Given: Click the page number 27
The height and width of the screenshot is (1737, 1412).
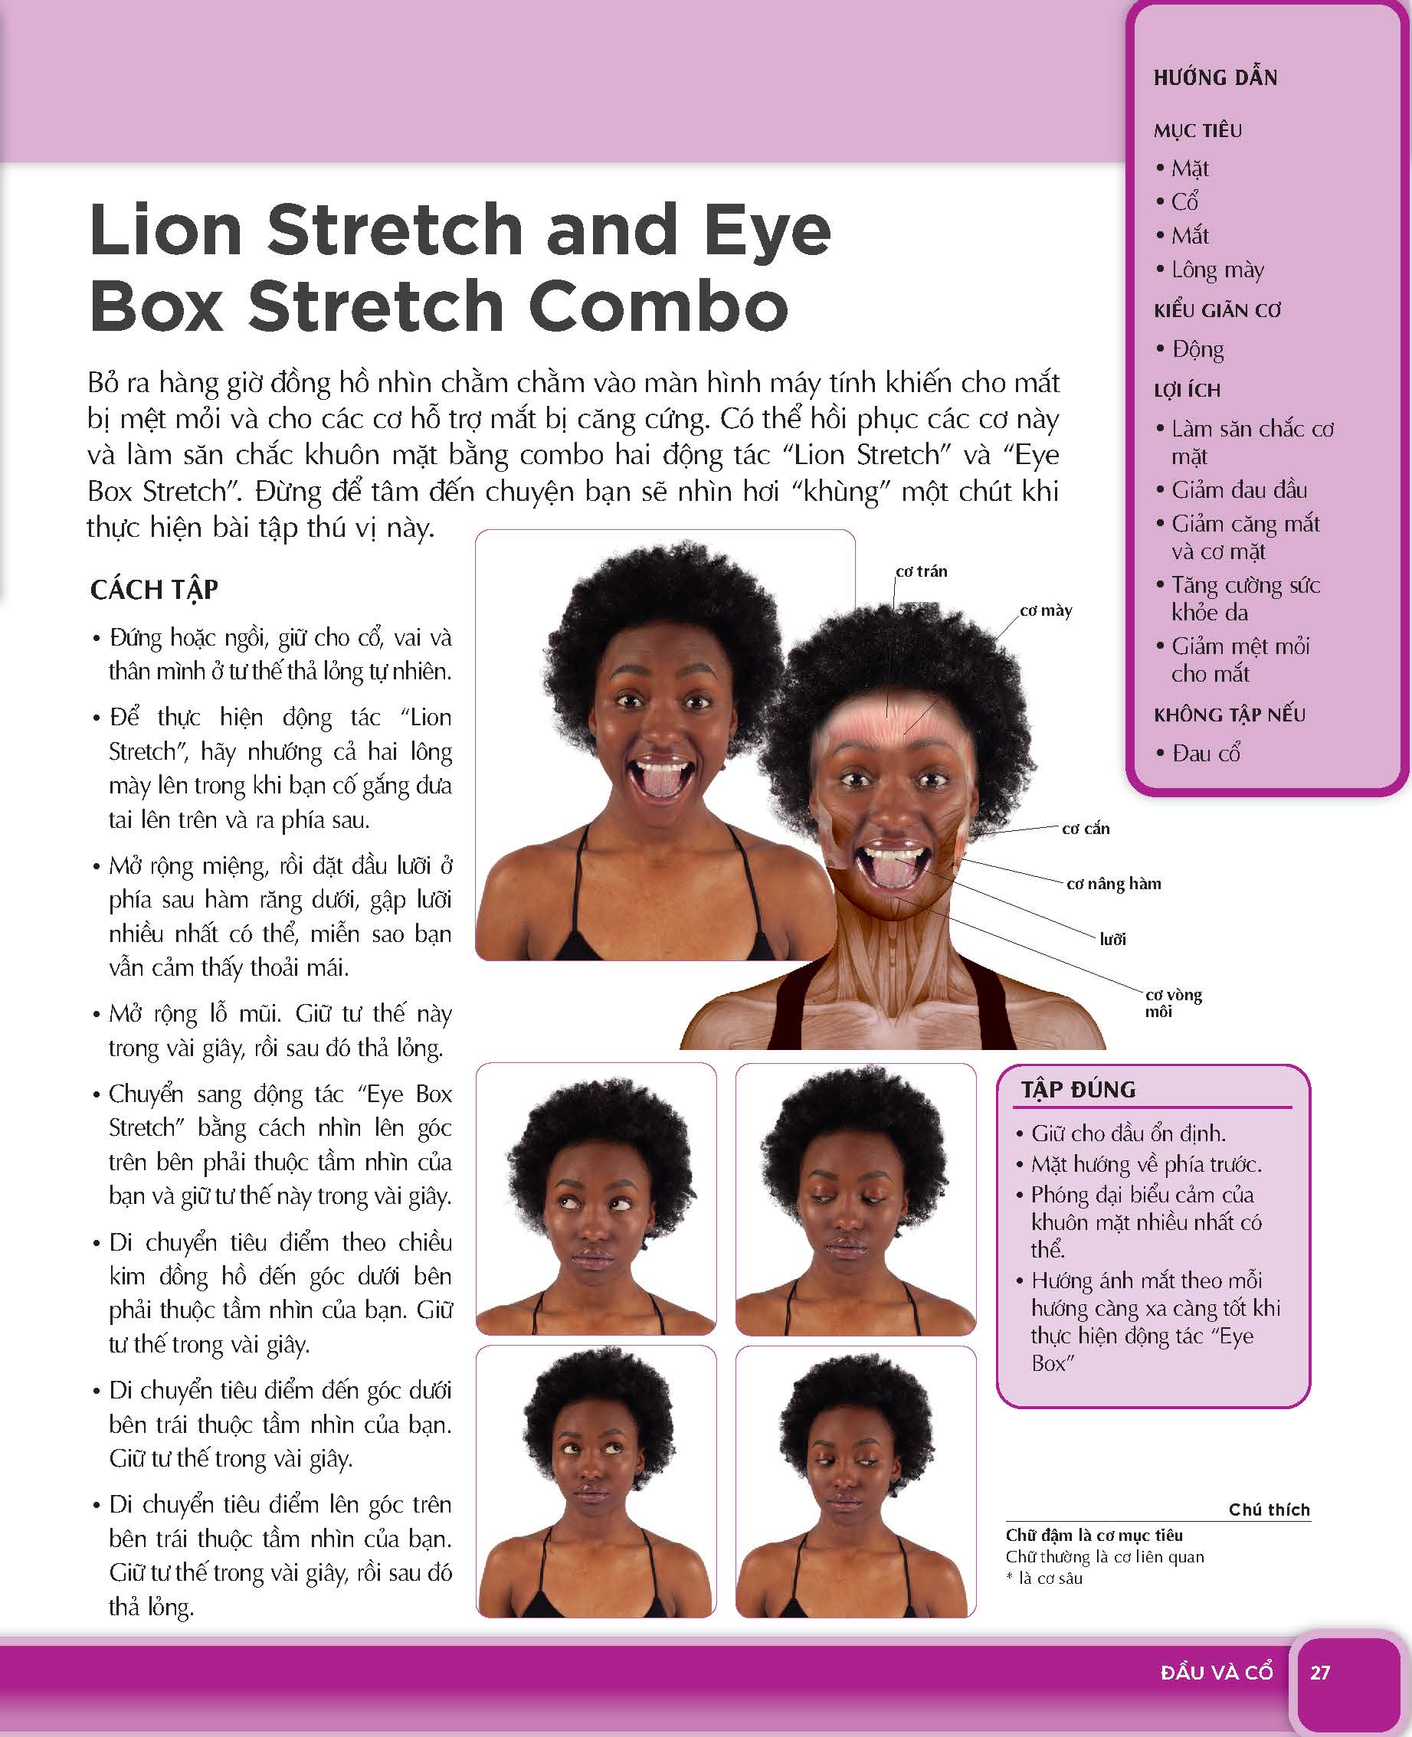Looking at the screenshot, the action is [x=1319, y=1673].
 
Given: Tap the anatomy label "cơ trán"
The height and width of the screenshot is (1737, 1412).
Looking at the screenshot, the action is [x=921, y=571].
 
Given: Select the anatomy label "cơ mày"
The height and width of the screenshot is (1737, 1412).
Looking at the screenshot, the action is [x=1046, y=610].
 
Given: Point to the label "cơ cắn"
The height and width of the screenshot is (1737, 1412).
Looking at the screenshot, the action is [x=1086, y=829].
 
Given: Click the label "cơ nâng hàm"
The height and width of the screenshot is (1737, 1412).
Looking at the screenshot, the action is [x=1113, y=884].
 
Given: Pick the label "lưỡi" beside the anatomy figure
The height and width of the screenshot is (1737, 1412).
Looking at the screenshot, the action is [x=1112, y=939].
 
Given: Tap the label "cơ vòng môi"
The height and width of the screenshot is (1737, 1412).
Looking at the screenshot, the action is [x=1173, y=1003].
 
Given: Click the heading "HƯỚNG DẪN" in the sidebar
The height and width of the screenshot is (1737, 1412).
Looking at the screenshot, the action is [x=1215, y=78].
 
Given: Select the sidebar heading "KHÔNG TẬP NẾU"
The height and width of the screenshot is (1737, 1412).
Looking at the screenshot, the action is [x=1229, y=715].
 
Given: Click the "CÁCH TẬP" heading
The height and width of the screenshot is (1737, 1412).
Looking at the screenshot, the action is [x=155, y=590].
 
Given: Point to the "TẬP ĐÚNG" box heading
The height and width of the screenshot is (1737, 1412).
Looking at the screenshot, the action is [x=1079, y=1090].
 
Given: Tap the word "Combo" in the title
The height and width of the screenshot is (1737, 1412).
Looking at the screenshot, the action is [x=658, y=306].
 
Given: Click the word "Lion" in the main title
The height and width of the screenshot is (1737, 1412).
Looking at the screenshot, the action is [x=165, y=230].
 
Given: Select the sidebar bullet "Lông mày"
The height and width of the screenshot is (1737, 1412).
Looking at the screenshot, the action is [x=1211, y=270].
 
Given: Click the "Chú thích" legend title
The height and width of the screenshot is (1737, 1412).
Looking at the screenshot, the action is [x=1269, y=1510].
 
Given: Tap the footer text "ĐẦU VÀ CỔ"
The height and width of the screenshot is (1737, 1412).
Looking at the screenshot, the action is [x=1217, y=1673].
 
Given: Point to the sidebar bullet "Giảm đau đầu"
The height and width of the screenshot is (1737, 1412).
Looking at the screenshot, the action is [x=1231, y=490].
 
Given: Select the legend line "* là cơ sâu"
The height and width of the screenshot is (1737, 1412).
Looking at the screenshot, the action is [x=1044, y=1578].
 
